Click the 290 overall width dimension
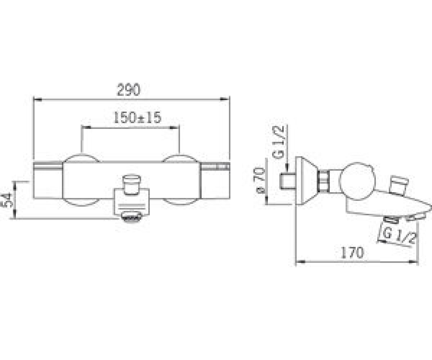point(129,90)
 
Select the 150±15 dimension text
point(138,117)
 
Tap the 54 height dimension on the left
point(6,201)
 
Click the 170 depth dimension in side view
point(352,252)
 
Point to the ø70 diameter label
point(259,180)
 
